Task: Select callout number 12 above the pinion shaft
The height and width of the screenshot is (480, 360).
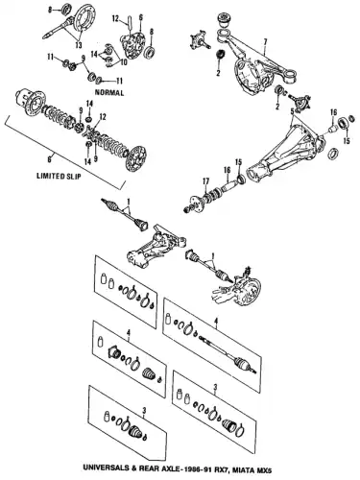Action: [x=112, y=19]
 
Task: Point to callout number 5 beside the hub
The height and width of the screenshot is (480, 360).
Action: [x=287, y=111]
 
